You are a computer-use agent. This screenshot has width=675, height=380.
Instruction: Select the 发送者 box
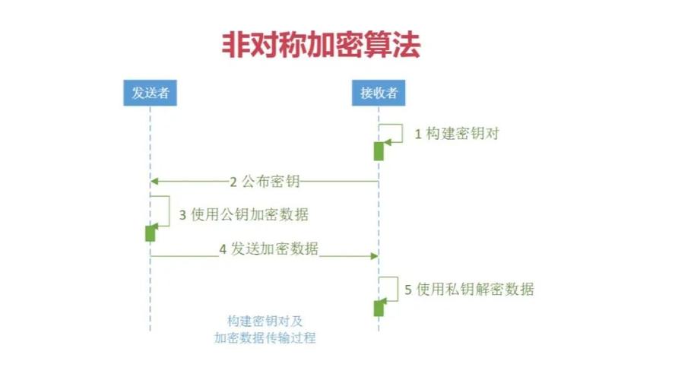[150, 93]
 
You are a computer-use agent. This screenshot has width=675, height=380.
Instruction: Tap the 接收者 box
[379, 93]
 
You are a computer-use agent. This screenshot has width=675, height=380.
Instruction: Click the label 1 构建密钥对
[456, 134]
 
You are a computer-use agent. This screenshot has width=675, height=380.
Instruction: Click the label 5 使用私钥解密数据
[469, 290]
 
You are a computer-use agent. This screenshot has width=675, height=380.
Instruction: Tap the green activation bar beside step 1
[379, 150]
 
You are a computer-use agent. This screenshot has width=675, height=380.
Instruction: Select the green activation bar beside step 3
[150, 233]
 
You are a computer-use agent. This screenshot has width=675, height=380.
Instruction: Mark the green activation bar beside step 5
[379, 307]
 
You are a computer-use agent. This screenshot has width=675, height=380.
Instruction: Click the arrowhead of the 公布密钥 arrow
[154, 182]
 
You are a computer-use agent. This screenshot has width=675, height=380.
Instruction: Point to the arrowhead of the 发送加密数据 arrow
[374, 256]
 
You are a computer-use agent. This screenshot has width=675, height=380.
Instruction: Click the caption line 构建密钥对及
[265, 321]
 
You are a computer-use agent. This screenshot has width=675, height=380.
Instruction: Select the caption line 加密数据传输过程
[265, 338]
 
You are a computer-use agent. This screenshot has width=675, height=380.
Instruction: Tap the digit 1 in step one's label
[417, 135]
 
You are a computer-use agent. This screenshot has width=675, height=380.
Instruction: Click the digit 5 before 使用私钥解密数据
[408, 290]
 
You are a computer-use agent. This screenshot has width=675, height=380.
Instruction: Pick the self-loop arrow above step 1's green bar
[395, 131]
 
